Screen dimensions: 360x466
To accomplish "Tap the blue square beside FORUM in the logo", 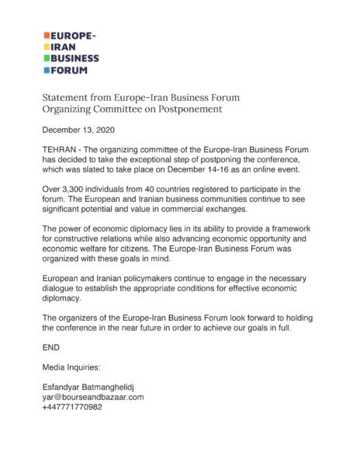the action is (46, 70).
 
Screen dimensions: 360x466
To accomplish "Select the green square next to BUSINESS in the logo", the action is (46, 59).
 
